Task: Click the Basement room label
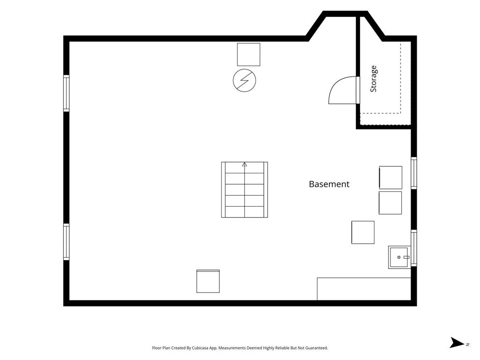(329, 184)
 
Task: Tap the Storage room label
(374, 79)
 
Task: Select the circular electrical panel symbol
(244, 81)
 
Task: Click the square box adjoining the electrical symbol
(248, 54)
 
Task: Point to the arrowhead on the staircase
(245, 165)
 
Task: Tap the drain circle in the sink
(399, 257)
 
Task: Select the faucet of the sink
(406, 257)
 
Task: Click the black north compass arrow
(457, 343)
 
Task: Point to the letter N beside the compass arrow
(467, 345)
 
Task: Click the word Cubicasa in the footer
(201, 348)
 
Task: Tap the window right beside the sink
(414, 247)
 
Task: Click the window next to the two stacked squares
(414, 173)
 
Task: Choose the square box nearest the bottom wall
(208, 281)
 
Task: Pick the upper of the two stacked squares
(390, 178)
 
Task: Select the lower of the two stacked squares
(390, 203)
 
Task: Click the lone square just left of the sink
(363, 232)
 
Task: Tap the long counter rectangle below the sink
(364, 289)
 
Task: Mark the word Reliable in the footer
(282, 348)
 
